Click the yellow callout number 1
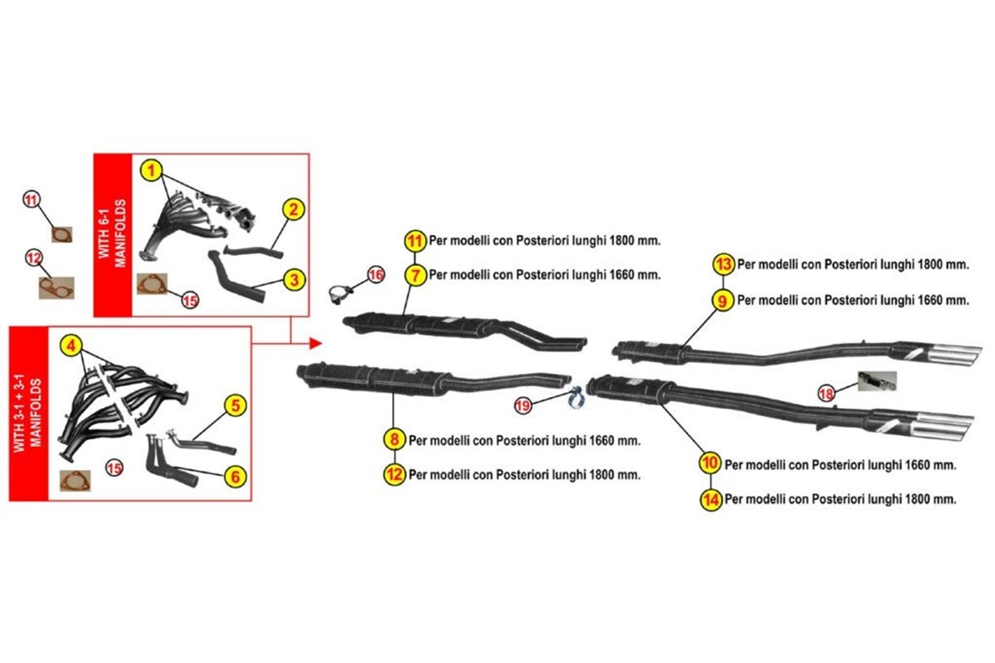(x=150, y=171)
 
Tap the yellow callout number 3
(x=294, y=280)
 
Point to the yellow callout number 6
(x=235, y=476)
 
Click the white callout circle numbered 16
(x=376, y=274)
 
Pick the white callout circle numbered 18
(x=826, y=394)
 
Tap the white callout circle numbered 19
(x=522, y=405)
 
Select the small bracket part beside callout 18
(x=877, y=381)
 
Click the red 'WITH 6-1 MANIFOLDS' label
(x=112, y=235)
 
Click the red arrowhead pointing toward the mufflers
(x=315, y=342)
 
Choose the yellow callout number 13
(x=723, y=264)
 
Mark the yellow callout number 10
(x=709, y=464)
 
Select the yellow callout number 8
(x=394, y=439)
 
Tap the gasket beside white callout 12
(x=56, y=288)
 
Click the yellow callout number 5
(x=235, y=405)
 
